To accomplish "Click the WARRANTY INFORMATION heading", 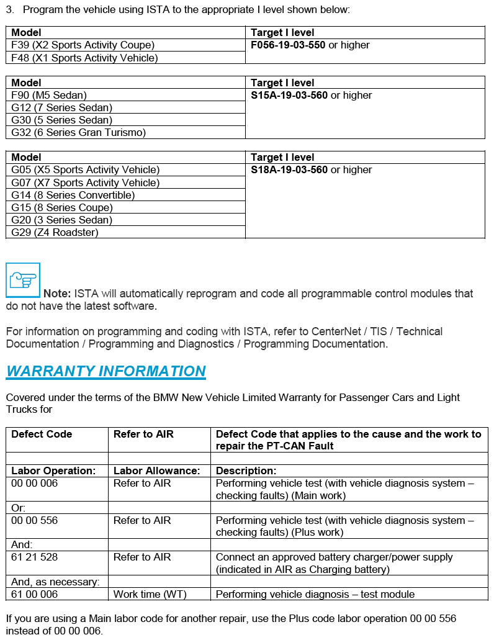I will [106, 371].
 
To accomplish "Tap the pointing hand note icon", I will [23, 280].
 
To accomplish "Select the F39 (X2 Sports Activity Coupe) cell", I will [83, 45].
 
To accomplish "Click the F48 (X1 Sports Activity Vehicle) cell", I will [84, 58].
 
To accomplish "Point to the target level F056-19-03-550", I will [288, 45].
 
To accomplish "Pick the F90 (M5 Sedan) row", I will [49, 95].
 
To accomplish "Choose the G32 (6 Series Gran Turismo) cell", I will [78, 132].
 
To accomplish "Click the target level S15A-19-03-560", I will [289, 95].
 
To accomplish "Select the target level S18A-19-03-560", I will [289, 169].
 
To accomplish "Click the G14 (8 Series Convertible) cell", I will [73, 195].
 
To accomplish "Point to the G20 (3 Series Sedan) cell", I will [61, 220].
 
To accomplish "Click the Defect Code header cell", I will [42, 434].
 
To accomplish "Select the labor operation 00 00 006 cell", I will [34, 483].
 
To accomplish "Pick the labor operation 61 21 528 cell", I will [34, 557].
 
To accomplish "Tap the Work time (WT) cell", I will [150, 594].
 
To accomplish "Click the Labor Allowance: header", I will [156, 471].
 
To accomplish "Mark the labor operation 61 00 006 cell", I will [34, 594].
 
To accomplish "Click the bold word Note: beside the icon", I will [57, 294].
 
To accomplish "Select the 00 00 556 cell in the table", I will [34, 520].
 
